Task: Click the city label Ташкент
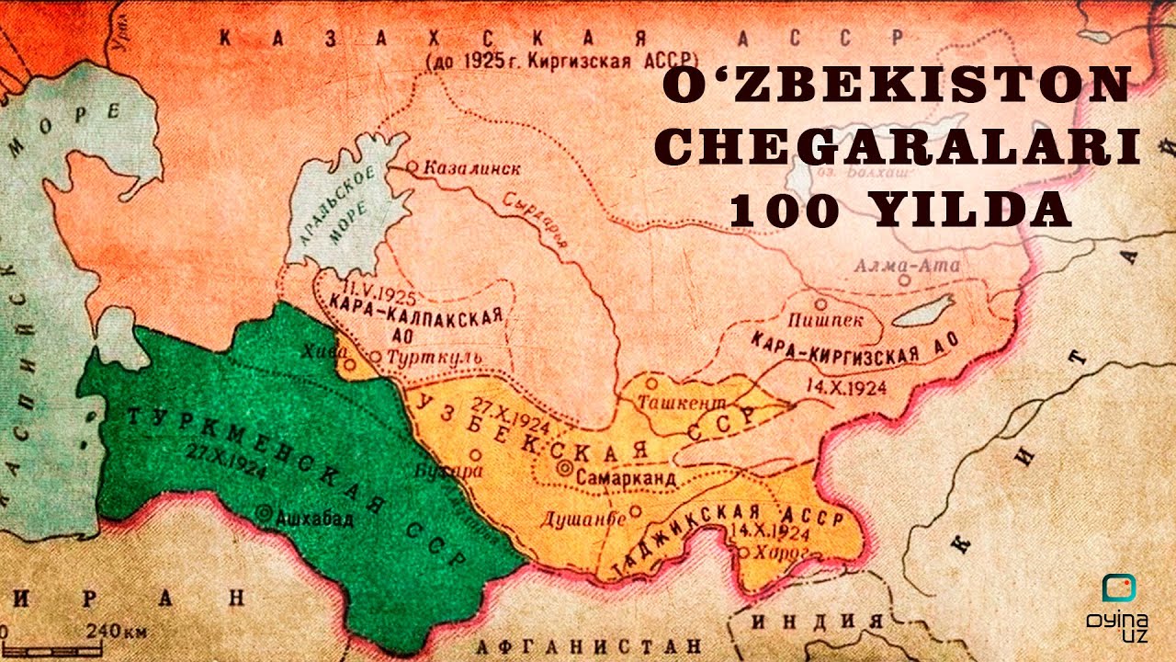[x=681, y=403]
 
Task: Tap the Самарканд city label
[x=628, y=478]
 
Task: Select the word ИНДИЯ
[x=817, y=620]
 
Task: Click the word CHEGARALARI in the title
[x=901, y=147]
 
